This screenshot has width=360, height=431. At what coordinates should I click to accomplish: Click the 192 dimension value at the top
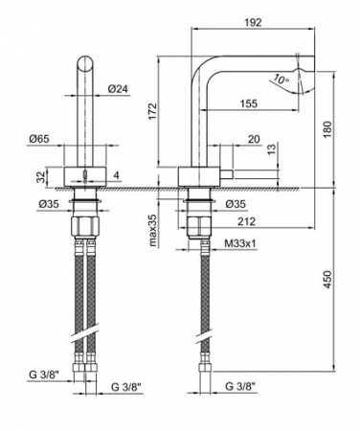(253, 22)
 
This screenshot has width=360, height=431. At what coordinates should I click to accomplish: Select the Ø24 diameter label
(118, 89)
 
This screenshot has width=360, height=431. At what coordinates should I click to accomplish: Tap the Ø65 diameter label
(39, 139)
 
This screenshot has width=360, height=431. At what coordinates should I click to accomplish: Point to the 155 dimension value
(248, 103)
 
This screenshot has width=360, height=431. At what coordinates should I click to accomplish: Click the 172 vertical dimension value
(152, 111)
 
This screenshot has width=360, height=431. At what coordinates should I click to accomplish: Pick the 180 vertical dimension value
(327, 129)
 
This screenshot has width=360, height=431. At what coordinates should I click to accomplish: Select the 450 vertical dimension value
(327, 280)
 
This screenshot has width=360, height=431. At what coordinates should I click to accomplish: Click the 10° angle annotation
(281, 79)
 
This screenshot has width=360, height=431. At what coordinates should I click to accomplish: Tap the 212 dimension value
(246, 221)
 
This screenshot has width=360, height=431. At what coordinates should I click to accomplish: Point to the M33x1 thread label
(240, 244)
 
